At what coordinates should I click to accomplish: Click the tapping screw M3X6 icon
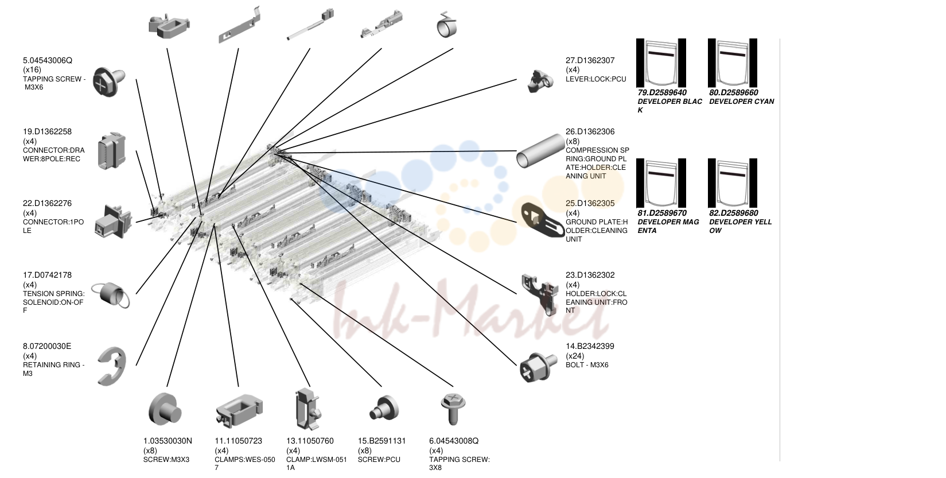pyautogui.click(x=108, y=81)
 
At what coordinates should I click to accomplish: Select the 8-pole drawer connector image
pyautogui.click(x=111, y=151)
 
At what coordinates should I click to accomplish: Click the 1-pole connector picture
pyautogui.click(x=113, y=221)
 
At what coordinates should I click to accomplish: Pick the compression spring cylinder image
pyautogui.click(x=540, y=151)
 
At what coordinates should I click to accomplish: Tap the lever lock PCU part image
pyautogui.click(x=540, y=81)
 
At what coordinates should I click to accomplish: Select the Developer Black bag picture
pyautogui.click(x=661, y=63)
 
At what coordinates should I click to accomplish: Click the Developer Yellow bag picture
pyautogui.click(x=733, y=183)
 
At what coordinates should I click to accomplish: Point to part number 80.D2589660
pyautogui.click(x=734, y=92)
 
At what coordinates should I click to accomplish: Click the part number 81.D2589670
pyautogui.click(x=662, y=213)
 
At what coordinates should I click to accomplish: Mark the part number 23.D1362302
pyautogui.click(x=590, y=275)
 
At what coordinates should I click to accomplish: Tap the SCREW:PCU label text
pyautogui.click(x=379, y=460)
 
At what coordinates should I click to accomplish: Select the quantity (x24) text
pyautogui.click(x=575, y=356)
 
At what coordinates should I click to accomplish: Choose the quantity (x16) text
pyautogui.click(x=32, y=69)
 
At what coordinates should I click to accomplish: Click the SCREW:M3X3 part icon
pyautogui.click(x=165, y=409)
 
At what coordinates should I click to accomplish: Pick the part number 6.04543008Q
pyautogui.click(x=454, y=441)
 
